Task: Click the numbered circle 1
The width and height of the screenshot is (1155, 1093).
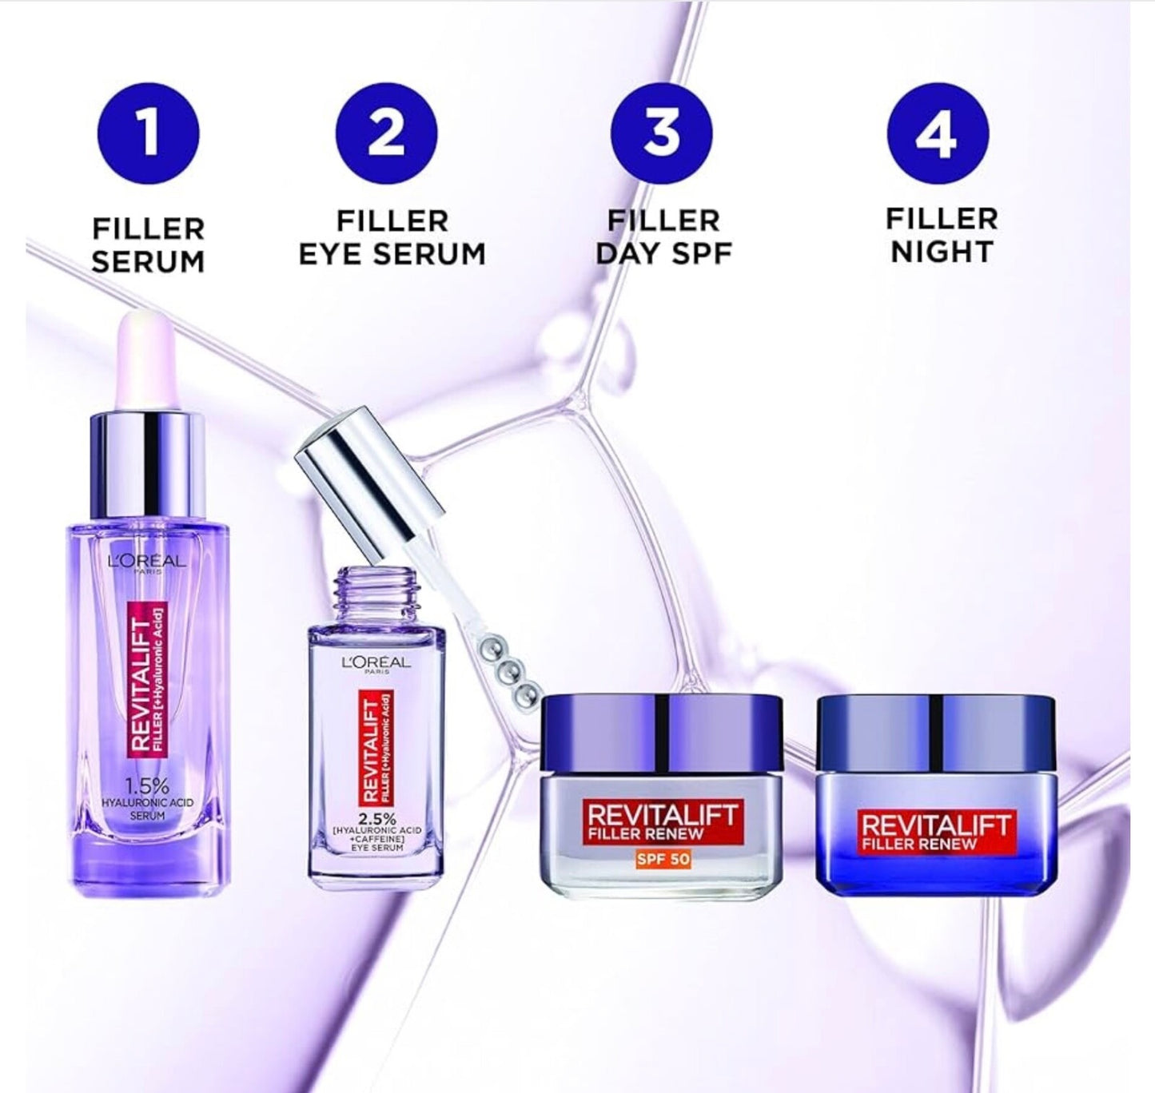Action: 148,134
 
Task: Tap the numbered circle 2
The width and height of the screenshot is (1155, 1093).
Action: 387,134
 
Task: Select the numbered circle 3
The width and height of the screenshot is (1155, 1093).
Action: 662,134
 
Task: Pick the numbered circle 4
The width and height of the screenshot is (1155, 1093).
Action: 938,134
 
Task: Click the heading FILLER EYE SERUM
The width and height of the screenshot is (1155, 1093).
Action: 392,238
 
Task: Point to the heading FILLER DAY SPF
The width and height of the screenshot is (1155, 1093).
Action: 664,238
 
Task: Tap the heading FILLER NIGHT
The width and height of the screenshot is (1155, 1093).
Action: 942,236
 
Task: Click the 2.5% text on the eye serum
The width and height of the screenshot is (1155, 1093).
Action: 379,817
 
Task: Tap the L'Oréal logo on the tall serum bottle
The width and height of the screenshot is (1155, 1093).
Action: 146,562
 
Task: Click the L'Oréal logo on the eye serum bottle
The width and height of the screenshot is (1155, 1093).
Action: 378,664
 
